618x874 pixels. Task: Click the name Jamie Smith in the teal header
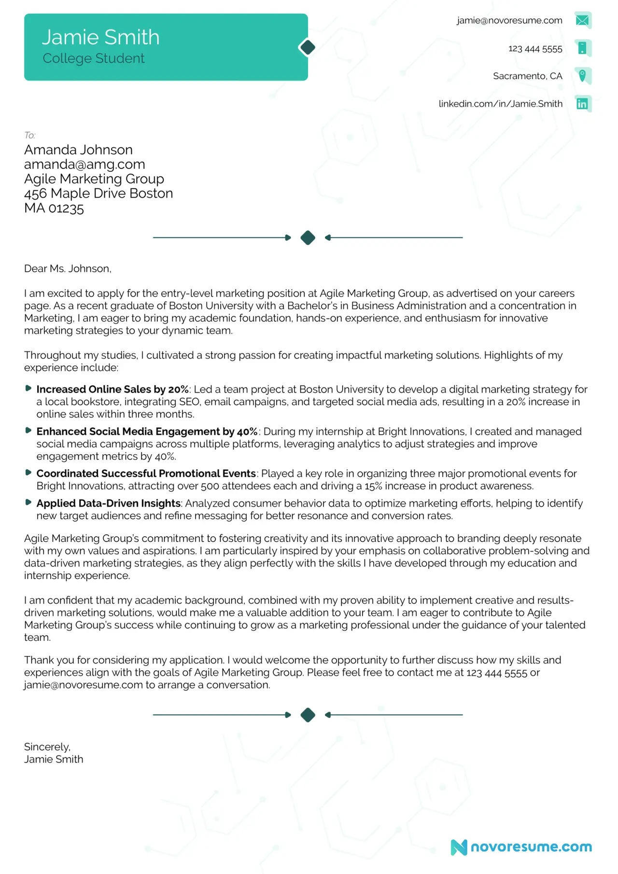pyautogui.click(x=100, y=38)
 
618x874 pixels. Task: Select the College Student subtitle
pyautogui.click(x=93, y=58)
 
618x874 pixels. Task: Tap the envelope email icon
pyautogui.click(x=582, y=20)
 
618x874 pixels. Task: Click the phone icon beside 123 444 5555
pyautogui.click(x=582, y=48)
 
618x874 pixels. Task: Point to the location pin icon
pyautogui.click(x=582, y=76)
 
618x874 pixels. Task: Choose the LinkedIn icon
pyautogui.click(x=582, y=104)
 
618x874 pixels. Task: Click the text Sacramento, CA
pyautogui.click(x=527, y=76)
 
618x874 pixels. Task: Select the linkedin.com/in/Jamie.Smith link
pyautogui.click(x=500, y=104)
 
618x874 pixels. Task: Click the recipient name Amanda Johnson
pyautogui.click(x=78, y=150)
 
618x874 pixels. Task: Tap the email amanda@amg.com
pyautogui.click(x=84, y=164)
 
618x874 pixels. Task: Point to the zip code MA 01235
pyautogui.click(x=54, y=208)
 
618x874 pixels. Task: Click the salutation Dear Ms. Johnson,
pyautogui.click(x=68, y=269)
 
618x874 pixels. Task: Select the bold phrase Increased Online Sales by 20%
pyautogui.click(x=112, y=389)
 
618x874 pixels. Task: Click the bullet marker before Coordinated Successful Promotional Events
pyautogui.click(x=28, y=472)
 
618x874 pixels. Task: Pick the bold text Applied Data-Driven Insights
pyautogui.click(x=108, y=503)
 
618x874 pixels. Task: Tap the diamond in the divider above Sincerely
pyautogui.click(x=308, y=715)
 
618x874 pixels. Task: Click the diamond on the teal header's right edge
pyautogui.click(x=307, y=47)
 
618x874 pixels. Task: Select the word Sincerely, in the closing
pyautogui.click(x=47, y=747)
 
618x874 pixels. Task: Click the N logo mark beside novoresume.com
pyautogui.click(x=459, y=847)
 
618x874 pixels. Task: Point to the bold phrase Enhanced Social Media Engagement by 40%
pyautogui.click(x=147, y=431)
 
